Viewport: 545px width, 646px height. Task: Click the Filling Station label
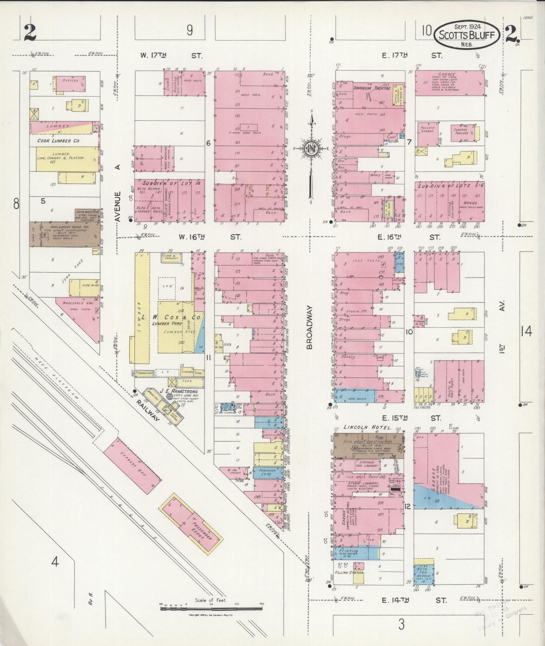(x=352, y=573)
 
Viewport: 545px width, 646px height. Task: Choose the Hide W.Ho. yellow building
(x=84, y=288)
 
